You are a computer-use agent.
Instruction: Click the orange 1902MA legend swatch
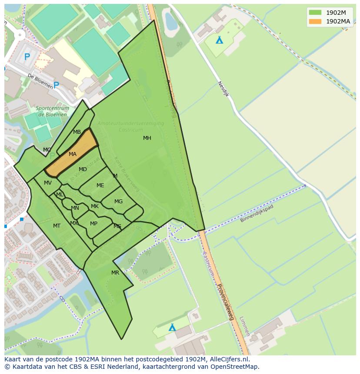[x=316, y=21]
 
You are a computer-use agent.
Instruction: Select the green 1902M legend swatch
[x=316, y=12]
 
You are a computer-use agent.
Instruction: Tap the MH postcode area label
[x=147, y=138]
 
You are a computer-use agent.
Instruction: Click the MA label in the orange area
[x=73, y=154]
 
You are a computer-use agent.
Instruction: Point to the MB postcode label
[x=77, y=132]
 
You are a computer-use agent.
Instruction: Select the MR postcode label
[x=115, y=273]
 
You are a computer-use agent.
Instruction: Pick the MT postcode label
[x=57, y=226]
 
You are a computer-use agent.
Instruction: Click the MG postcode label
[x=118, y=202]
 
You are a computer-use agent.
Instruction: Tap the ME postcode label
[x=100, y=185]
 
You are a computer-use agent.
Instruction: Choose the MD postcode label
[x=83, y=169]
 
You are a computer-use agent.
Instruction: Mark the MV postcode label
[x=48, y=183]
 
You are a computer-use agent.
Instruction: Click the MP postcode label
[x=93, y=224]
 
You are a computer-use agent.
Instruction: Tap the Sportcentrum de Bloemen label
[x=51, y=111]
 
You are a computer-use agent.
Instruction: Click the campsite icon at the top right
[x=220, y=40]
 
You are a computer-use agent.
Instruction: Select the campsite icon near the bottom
[x=172, y=327]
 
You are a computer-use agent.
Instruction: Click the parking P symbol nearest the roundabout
[x=27, y=56]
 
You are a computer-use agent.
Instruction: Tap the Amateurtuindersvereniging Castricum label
[x=130, y=126]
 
